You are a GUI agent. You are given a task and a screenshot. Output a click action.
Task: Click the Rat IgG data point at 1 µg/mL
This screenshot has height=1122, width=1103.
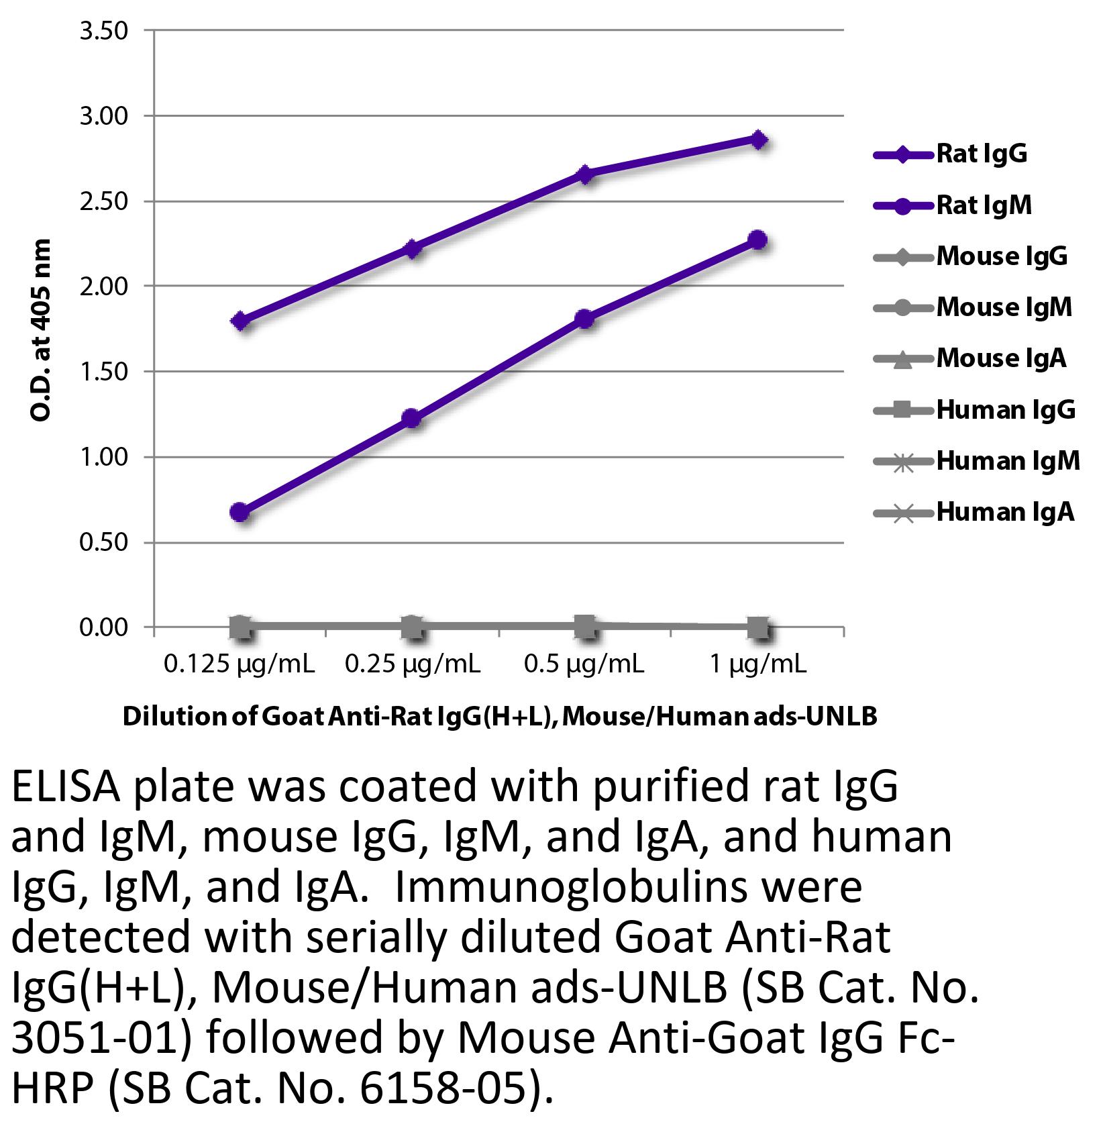[x=758, y=140]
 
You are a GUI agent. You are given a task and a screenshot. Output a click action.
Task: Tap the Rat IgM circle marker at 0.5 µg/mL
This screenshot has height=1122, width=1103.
[x=585, y=319]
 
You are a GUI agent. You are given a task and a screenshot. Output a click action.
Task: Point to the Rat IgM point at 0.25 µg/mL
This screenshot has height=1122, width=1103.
[x=412, y=419]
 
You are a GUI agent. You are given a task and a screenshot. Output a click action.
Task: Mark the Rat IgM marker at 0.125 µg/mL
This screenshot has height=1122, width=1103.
[x=240, y=513]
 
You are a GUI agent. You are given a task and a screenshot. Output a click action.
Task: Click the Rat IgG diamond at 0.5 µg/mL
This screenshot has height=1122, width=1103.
[x=585, y=174]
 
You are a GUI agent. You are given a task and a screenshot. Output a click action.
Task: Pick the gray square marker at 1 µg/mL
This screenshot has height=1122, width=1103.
[x=758, y=629]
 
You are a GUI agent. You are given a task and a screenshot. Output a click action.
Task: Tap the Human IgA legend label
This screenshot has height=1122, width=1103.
[x=1004, y=512]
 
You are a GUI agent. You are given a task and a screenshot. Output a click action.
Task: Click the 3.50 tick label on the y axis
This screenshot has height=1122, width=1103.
[x=104, y=31]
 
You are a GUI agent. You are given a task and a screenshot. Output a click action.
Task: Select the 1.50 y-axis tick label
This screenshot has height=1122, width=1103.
[x=104, y=372]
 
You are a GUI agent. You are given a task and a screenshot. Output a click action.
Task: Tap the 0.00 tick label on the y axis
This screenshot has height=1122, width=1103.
[x=104, y=627]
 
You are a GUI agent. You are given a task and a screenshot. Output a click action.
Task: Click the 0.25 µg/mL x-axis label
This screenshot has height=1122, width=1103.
[x=413, y=664]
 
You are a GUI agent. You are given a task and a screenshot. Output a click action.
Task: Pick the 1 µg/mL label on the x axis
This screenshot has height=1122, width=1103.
[x=758, y=664]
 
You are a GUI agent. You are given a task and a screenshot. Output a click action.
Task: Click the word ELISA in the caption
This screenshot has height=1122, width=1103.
[x=66, y=790]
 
